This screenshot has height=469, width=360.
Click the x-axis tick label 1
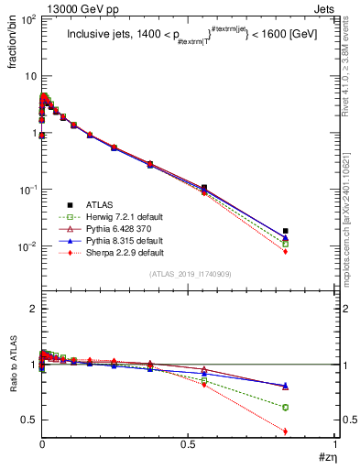(x=334, y=449)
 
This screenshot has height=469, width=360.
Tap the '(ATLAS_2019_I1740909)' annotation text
(x=189, y=274)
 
